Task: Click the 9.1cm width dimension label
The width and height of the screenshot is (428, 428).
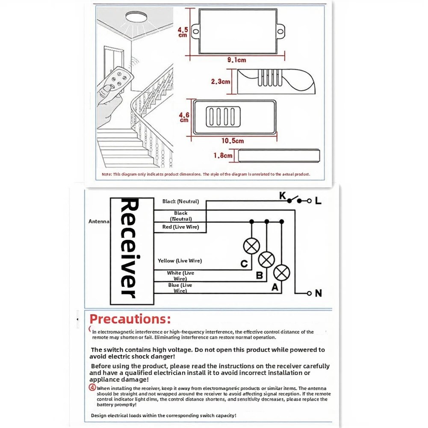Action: click(236, 60)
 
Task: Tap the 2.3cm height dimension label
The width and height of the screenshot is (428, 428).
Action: click(221, 81)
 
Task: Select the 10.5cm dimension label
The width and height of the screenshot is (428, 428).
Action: click(233, 141)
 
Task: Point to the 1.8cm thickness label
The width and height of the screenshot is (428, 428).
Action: click(223, 156)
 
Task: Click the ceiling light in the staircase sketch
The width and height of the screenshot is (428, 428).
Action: click(136, 17)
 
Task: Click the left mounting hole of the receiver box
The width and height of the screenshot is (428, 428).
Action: click(196, 31)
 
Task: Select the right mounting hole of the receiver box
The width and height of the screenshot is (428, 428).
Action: click(280, 32)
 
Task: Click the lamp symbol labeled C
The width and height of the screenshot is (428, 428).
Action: click(251, 246)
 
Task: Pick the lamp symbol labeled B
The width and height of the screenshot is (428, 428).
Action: click(266, 260)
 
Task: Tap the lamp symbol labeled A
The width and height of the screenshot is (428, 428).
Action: click(282, 273)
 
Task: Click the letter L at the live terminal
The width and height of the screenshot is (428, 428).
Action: click(318, 201)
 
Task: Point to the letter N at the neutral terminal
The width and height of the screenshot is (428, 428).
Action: click(318, 293)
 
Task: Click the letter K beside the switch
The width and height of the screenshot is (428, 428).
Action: click(283, 196)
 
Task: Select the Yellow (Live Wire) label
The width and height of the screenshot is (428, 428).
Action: click(180, 261)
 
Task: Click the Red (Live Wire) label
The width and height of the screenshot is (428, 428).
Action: click(181, 227)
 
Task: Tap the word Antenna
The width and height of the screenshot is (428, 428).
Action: click(99, 221)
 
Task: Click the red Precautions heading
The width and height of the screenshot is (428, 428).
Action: click(130, 319)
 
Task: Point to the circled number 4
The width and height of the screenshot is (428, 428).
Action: click(92, 387)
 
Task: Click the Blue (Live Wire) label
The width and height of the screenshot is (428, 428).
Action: click(180, 288)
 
